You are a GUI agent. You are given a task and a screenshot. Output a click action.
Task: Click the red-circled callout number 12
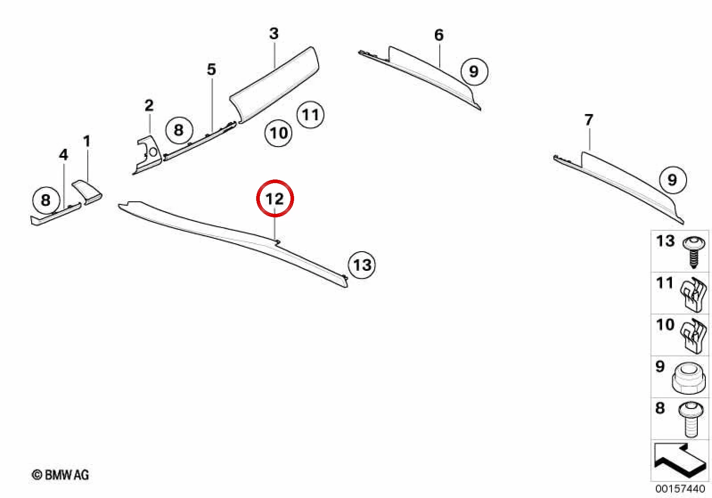(275, 199)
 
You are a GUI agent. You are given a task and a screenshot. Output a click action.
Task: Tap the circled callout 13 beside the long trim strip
(362, 265)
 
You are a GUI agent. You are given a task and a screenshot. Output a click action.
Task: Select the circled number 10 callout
(278, 133)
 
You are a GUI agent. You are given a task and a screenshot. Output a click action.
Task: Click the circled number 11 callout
(310, 114)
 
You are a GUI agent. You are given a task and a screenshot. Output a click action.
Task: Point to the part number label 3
(274, 34)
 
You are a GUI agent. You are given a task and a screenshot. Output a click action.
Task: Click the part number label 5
(211, 69)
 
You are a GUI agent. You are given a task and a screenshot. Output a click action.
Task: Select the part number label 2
(149, 106)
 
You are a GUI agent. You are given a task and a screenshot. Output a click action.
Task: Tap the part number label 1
(87, 141)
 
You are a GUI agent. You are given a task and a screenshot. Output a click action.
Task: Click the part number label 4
(64, 155)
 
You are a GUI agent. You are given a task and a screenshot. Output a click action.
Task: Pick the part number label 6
(439, 35)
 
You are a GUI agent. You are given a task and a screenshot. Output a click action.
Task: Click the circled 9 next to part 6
(474, 71)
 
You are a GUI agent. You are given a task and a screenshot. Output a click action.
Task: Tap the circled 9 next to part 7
(673, 180)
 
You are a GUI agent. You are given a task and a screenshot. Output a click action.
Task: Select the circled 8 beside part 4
(46, 200)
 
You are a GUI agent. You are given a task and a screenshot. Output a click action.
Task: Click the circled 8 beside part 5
(179, 130)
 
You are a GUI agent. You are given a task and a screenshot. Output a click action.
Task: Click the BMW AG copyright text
(61, 475)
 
